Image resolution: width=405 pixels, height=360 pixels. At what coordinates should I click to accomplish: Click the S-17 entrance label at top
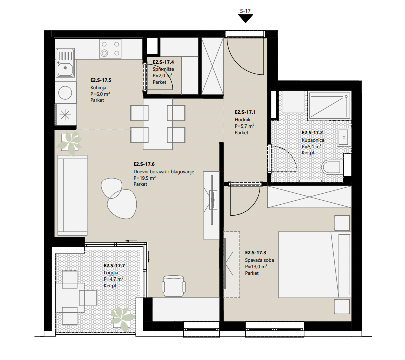tap(245, 11)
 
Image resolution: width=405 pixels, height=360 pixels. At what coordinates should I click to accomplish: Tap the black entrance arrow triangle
tap(245, 18)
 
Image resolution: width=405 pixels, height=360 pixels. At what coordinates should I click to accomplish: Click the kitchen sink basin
tap(65, 68)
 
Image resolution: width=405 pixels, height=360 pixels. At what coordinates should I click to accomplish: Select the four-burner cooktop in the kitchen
tap(110, 49)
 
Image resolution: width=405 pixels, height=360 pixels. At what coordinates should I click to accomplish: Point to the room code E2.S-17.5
tap(101, 80)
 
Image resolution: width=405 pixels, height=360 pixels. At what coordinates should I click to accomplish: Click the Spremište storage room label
tap(163, 69)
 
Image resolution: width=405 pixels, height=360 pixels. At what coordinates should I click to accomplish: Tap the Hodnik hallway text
tap(242, 120)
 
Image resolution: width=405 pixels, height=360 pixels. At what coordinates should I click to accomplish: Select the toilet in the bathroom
tap(333, 167)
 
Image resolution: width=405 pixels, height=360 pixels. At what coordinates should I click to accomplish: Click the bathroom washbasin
tap(344, 137)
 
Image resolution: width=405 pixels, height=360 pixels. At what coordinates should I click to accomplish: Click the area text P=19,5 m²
tap(144, 178)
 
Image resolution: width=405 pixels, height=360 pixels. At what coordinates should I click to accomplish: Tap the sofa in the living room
tap(73, 195)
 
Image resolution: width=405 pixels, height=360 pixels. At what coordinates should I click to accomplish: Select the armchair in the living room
tap(174, 286)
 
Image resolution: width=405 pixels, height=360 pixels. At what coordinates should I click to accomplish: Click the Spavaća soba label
tap(259, 260)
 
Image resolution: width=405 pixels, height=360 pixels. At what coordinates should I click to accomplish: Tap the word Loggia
tap(111, 272)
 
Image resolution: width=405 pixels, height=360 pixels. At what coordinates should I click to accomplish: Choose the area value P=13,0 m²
tap(256, 267)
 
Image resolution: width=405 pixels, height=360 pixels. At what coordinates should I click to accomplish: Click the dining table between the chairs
tap(158, 124)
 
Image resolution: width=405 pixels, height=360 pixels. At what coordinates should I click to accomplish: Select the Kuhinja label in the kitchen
tap(98, 88)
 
